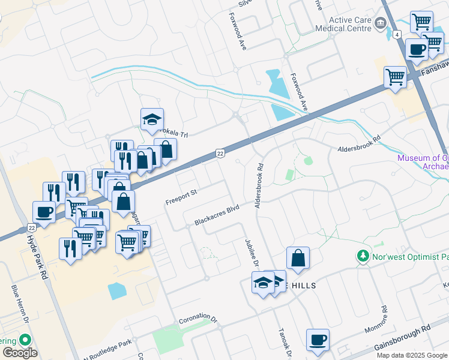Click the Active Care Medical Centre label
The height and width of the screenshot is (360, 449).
pyautogui.click(x=349, y=24)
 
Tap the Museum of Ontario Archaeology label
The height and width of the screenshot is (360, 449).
pyautogui.click(x=423, y=163)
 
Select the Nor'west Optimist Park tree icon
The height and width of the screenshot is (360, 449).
pyautogui.click(x=363, y=256)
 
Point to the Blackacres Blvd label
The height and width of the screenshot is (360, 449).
pyautogui.click(x=217, y=215)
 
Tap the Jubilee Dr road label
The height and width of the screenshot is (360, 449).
pyautogui.click(x=251, y=251)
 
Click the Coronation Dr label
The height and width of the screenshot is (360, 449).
pyautogui.click(x=197, y=316)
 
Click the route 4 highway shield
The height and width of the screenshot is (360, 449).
pyautogui.click(x=397, y=34)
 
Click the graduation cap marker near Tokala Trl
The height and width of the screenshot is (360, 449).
pyautogui.click(x=152, y=119)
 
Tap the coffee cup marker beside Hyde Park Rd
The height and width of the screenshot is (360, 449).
pyautogui.click(x=44, y=211)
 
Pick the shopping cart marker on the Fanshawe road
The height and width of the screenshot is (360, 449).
pyautogui.click(x=395, y=76)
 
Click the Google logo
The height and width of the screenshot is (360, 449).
pyautogui.click(x=20, y=353)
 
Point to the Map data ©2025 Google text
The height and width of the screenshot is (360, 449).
pyautogui.click(x=412, y=355)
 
